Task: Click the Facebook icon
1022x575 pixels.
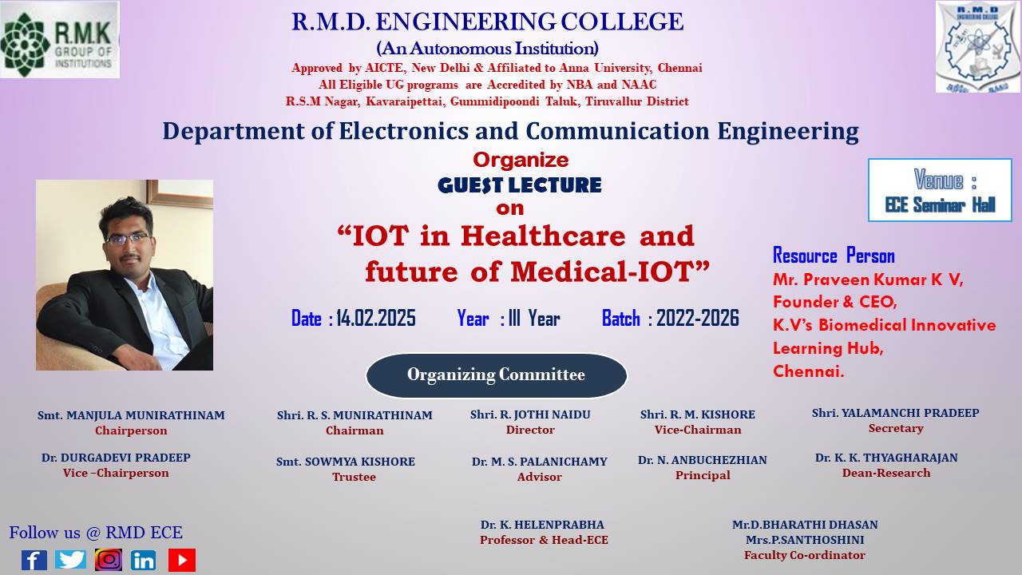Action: tap(34, 560)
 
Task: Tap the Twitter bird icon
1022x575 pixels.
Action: tap(70, 560)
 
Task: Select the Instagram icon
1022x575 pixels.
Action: tap(109, 560)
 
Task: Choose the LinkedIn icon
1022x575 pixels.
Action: tap(143, 560)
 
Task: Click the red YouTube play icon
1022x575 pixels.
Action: tap(182, 560)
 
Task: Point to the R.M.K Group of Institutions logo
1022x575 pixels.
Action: tap(60, 39)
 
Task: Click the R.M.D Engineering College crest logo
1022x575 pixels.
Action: tap(978, 46)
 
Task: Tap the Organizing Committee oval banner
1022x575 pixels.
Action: tap(497, 375)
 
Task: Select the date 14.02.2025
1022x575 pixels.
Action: tap(376, 318)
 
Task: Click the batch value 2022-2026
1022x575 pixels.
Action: tap(698, 318)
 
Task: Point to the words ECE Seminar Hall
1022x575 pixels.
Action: tap(940, 205)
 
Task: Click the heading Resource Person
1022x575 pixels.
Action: tap(834, 256)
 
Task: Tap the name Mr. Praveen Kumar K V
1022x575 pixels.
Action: tap(868, 280)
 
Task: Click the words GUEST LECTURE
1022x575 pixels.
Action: tap(520, 185)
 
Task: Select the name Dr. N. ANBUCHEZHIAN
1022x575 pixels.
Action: tap(702, 460)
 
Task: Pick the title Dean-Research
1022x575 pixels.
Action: tap(886, 473)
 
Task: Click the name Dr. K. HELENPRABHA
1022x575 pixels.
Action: tap(542, 525)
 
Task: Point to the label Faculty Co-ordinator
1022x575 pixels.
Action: tap(804, 555)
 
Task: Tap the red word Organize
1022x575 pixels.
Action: tap(521, 161)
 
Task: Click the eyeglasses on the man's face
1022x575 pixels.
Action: tap(129, 239)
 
